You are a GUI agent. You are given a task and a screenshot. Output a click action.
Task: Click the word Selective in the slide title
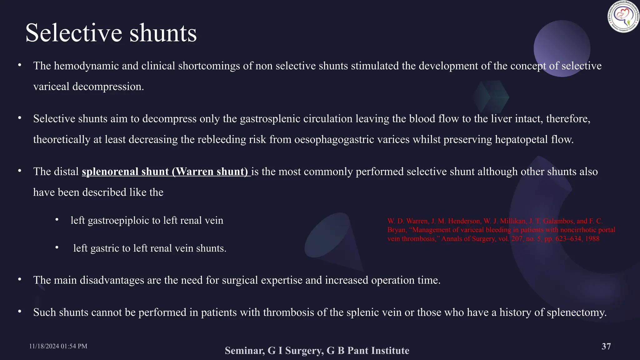click(x=74, y=33)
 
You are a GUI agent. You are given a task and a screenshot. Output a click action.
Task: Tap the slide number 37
click(x=606, y=346)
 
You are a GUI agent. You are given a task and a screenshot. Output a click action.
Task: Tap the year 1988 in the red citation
click(x=592, y=239)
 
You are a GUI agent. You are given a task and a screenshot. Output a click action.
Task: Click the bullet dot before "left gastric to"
click(x=57, y=248)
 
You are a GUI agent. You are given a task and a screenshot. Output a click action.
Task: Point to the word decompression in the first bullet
click(x=108, y=87)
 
